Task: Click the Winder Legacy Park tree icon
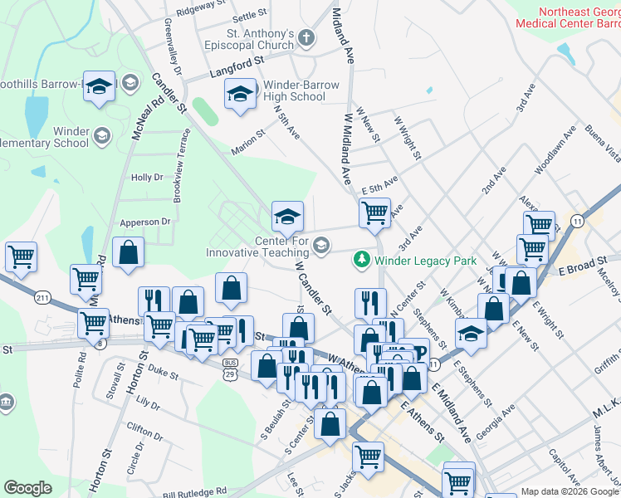pos(362,260)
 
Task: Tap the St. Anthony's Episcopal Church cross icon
pos(306,38)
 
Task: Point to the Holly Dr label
pos(146,178)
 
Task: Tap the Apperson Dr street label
pos(144,222)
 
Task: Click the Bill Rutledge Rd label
pos(195,492)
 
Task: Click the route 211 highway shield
pos(43,297)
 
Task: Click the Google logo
pos(27,488)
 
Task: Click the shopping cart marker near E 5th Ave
pos(374,212)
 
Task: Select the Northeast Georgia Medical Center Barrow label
pos(568,18)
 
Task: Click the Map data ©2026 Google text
pos(570,491)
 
